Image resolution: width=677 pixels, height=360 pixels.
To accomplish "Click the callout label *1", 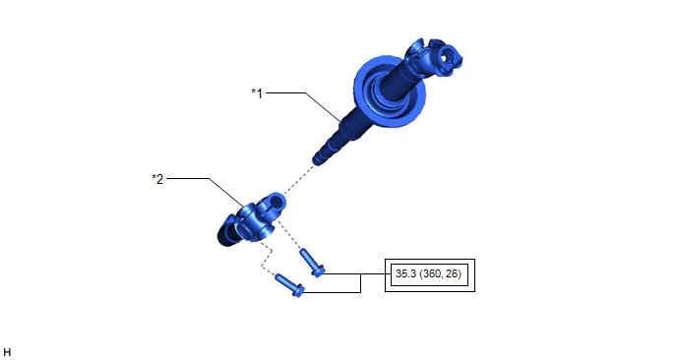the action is click(x=257, y=92).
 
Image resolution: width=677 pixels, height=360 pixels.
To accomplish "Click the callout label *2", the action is click(x=157, y=179).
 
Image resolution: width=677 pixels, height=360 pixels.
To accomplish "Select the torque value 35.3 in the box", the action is click(x=405, y=273).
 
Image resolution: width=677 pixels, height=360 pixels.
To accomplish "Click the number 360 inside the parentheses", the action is click(x=431, y=273).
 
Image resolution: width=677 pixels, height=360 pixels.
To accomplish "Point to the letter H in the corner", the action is click(x=7, y=352).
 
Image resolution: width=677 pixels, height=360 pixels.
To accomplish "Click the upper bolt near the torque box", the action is click(x=312, y=263).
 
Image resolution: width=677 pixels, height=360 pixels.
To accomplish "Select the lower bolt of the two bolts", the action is click(x=289, y=285).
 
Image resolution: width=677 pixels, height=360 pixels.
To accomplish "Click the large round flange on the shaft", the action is click(x=390, y=91).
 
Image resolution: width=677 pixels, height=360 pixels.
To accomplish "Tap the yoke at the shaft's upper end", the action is click(x=435, y=58).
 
